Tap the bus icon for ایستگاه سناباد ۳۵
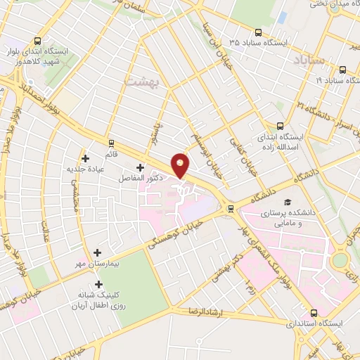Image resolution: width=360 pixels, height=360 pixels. pyautogui.click(x=258, y=32)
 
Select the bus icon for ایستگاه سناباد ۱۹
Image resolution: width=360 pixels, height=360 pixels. pyautogui.click(x=342, y=70)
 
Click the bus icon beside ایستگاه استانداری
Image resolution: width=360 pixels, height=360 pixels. pyautogui.click(x=313, y=313)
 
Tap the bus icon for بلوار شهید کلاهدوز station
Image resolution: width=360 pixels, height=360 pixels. pyautogui.click(x=36, y=40)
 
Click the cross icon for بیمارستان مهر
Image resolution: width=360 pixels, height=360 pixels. pyautogui.click(x=97, y=252)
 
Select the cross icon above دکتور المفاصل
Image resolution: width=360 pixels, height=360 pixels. pyautogui.click(x=140, y=167)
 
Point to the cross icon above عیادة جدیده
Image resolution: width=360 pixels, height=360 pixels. pyautogui.click(x=86, y=158)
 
